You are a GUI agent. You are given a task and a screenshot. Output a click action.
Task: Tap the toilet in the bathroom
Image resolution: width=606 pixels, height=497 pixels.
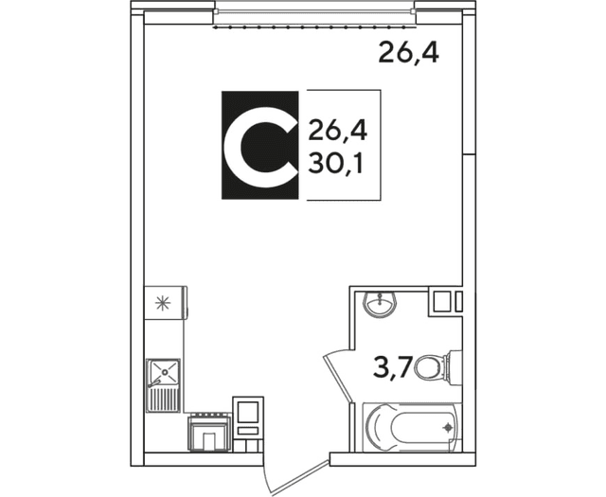[x=435, y=364]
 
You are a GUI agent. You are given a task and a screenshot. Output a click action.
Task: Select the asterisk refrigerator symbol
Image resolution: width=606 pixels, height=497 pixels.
[x=163, y=303]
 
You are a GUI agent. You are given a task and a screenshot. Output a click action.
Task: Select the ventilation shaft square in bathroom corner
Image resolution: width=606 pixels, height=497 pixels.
[x=441, y=303]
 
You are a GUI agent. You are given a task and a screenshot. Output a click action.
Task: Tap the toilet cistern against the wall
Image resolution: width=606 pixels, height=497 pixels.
[x=454, y=364]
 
